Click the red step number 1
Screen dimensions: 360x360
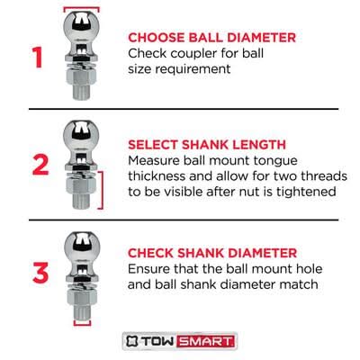[x=38, y=58]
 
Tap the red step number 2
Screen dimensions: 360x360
[x=40, y=165]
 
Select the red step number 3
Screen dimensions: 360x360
[x=40, y=273]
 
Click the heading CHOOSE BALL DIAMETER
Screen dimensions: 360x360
[x=211, y=38]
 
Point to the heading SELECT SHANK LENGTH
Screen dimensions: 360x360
[x=207, y=145]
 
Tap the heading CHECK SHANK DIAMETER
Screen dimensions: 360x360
[x=212, y=253]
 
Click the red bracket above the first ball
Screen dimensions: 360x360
[x=81, y=8]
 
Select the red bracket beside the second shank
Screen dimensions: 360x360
[x=103, y=190]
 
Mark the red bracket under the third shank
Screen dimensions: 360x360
[x=82, y=324]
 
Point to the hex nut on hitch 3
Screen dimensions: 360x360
[x=82, y=297]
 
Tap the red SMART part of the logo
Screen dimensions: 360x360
[x=205, y=341]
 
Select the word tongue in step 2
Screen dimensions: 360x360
[x=275, y=161]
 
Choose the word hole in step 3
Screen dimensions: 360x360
[x=309, y=268]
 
